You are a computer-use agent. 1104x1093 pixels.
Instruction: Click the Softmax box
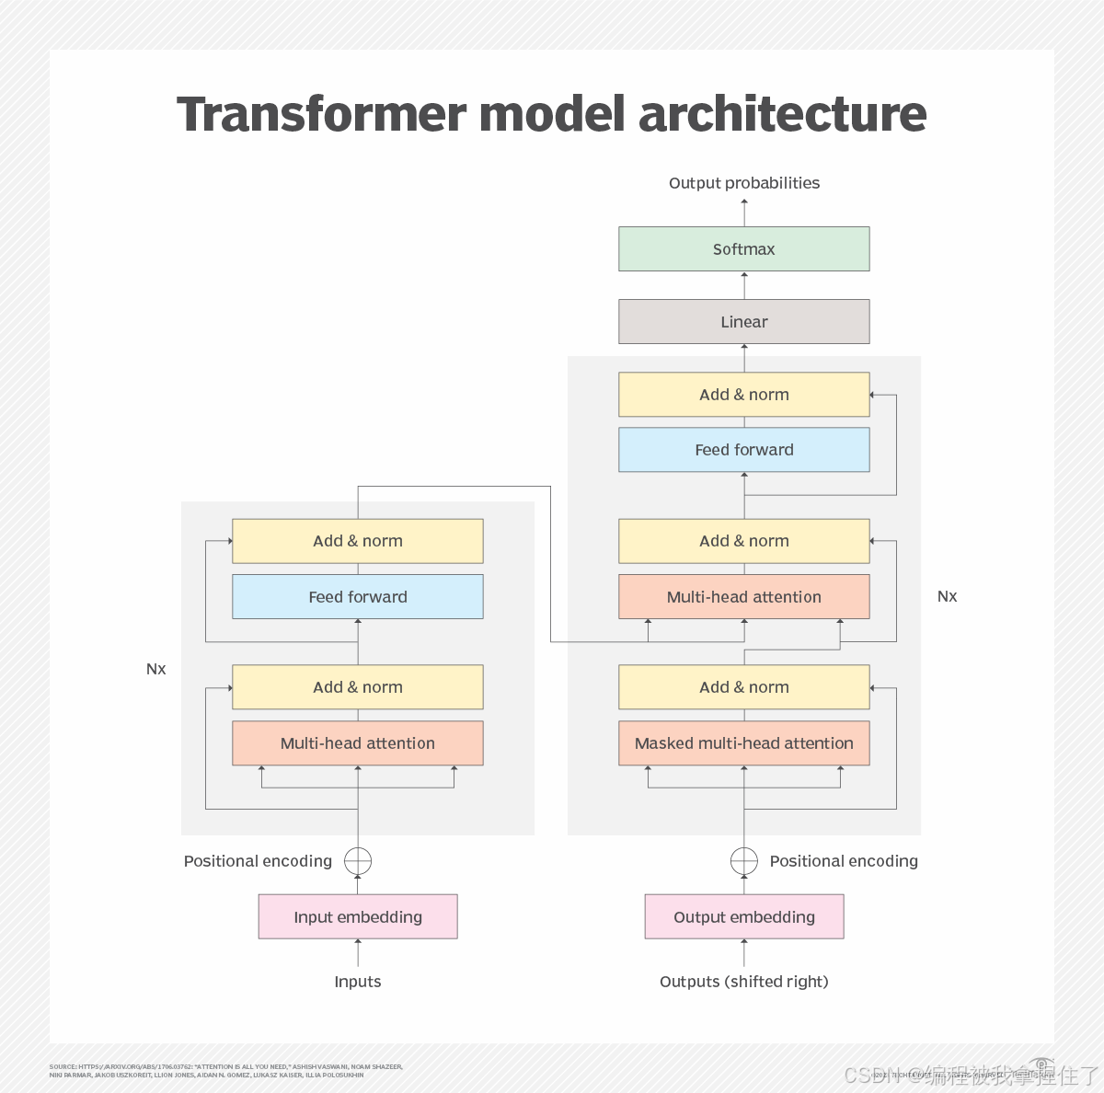click(743, 249)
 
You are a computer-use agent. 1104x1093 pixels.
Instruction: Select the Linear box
click(743, 322)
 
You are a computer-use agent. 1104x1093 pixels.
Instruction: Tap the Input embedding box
click(357, 917)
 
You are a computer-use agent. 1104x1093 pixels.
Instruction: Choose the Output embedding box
click(743, 917)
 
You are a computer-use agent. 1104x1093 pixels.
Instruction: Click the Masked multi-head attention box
click(743, 743)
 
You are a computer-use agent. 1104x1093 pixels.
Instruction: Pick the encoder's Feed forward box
click(357, 597)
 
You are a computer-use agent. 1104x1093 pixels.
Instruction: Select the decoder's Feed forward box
click(743, 450)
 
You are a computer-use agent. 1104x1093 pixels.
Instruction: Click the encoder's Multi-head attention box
click(357, 743)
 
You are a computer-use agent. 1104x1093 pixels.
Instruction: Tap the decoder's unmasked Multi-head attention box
click(743, 597)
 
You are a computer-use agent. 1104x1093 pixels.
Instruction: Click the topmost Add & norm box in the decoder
click(743, 395)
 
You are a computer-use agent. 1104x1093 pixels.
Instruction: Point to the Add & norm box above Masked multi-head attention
click(743, 687)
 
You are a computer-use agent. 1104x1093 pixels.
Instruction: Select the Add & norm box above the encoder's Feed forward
click(357, 541)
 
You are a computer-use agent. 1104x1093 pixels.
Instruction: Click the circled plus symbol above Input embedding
click(358, 861)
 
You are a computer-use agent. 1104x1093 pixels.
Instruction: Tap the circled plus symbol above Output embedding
click(743, 861)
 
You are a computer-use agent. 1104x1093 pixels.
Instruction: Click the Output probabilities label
click(743, 183)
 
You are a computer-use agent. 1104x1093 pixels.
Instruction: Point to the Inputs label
click(357, 982)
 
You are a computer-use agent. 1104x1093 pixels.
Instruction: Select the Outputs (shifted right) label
click(743, 982)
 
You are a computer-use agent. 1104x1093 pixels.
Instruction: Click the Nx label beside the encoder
click(156, 669)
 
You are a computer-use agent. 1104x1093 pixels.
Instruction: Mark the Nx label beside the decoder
click(947, 596)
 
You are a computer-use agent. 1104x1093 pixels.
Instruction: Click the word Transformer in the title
click(322, 114)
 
